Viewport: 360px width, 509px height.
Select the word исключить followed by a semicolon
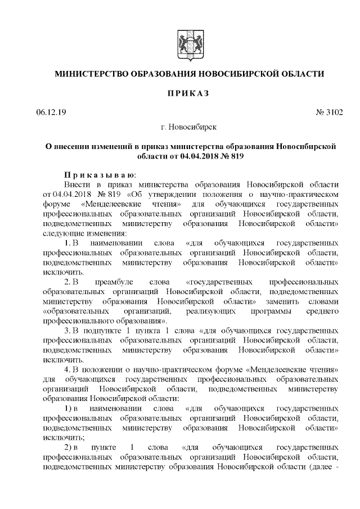61,436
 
